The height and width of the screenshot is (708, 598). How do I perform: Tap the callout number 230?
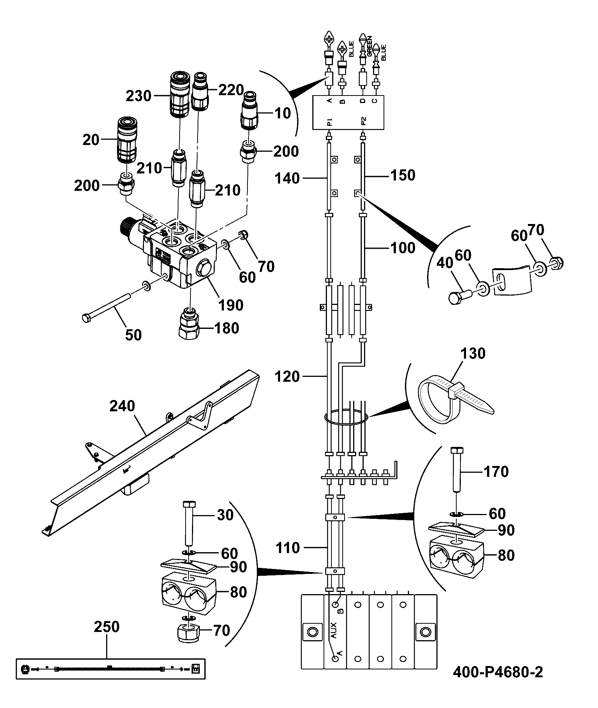tap(138, 96)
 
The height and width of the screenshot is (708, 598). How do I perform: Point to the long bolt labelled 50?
tap(106, 307)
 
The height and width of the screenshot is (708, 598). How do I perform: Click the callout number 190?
tap(231, 305)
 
